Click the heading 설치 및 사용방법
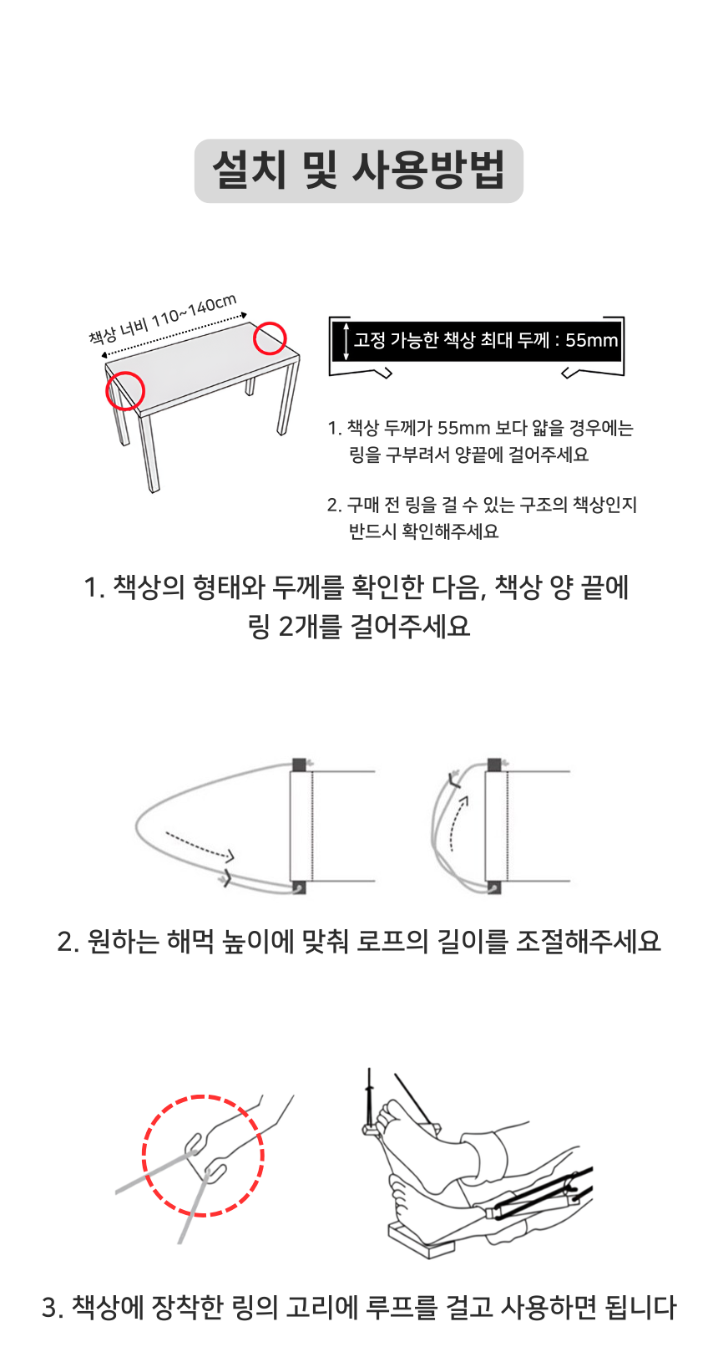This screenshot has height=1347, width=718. pyautogui.click(x=359, y=170)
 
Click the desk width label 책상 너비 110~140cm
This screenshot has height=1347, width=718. pyautogui.click(x=163, y=319)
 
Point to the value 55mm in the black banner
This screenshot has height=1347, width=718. pyautogui.click(x=591, y=340)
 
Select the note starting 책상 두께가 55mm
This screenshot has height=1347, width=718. pyautogui.click(x=481, y=441)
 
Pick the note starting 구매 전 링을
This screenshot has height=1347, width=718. pyautogui.click(x=482, y=518)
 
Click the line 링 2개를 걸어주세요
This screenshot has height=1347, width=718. pyautogui.click(x=359, y=627)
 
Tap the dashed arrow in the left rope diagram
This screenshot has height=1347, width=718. pyautogui.click(x=200, y=846)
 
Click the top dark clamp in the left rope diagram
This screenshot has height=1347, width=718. pyautogui.click(x=299, y=765)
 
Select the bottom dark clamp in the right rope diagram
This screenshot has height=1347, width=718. pyautogui.click(x=494, y=887)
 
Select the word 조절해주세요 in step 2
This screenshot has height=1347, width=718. pyautogui.click(x=589, y=941)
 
